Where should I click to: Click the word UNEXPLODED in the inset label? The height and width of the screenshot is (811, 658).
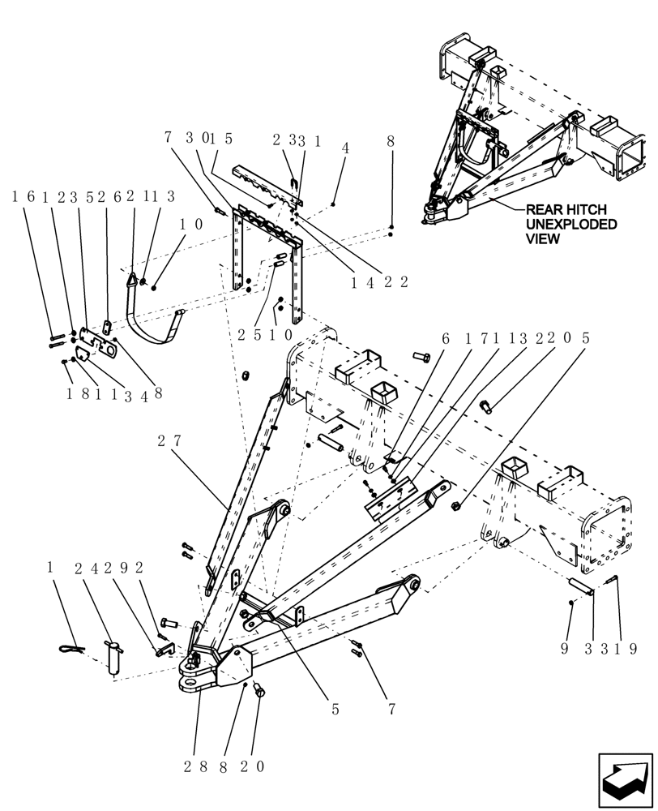click(571, 224)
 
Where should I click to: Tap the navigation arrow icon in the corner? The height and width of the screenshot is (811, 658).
click(626, 780)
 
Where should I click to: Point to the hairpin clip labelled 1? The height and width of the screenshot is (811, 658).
click(72, 648)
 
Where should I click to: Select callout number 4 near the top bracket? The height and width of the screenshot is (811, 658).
click(345, 148)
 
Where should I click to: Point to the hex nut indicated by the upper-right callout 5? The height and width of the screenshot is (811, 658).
click(455, 506)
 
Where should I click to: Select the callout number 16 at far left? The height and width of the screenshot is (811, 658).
click(21, 196)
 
